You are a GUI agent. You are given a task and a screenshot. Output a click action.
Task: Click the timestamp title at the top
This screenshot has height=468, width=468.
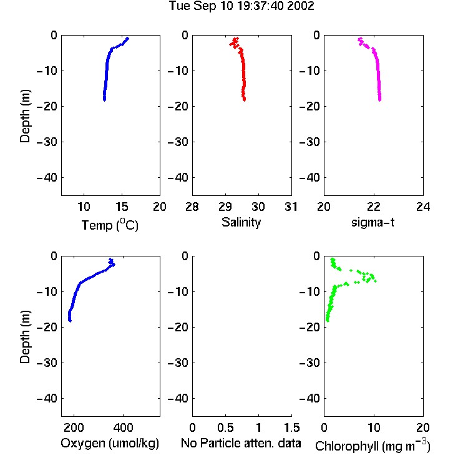pos(241,6)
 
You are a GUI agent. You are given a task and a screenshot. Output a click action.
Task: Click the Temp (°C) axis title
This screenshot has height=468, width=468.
pos(110,225)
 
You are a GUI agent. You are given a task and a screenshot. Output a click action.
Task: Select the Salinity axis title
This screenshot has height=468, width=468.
pos(241,222)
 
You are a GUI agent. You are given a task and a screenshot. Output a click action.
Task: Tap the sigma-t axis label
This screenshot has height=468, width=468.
pos(373,222)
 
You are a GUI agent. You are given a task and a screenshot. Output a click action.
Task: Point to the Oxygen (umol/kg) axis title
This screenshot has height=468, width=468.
pos(110,443)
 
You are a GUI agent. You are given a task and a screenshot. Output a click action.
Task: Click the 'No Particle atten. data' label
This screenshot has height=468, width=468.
pos(241,443)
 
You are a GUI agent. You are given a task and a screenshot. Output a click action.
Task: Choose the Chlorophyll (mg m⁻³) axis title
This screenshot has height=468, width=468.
pos(373,446)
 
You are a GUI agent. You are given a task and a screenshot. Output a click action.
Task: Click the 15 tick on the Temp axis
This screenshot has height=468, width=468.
pos(122,207)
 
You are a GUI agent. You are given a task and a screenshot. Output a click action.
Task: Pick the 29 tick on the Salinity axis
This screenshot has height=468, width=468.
pos(225,207)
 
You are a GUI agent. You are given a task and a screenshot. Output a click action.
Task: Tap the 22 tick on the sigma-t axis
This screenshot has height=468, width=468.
pos(373,207)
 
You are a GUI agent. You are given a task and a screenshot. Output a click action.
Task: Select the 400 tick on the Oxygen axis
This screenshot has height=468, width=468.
pos(123,427)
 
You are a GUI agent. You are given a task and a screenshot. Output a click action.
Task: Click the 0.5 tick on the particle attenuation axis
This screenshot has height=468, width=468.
pos(225,427)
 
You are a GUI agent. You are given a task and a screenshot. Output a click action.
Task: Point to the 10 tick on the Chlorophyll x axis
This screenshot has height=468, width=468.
pos(374,427)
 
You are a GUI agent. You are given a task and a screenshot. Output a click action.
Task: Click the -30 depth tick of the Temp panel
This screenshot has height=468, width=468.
pos(47,142)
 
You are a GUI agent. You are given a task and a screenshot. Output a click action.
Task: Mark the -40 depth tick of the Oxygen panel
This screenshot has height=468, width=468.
pos(47,398)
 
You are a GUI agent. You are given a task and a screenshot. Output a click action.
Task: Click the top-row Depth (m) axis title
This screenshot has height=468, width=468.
pos(25,116)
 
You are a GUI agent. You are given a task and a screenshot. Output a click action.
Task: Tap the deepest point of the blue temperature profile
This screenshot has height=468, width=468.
pos(104,100)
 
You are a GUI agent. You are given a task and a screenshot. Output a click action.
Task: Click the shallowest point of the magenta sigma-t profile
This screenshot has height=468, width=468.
pos(360,39)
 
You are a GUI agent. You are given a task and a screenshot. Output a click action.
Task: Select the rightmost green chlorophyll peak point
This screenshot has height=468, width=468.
pos(375,281)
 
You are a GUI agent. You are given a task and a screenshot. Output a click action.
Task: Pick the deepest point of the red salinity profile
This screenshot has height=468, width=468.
pos(244,100)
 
